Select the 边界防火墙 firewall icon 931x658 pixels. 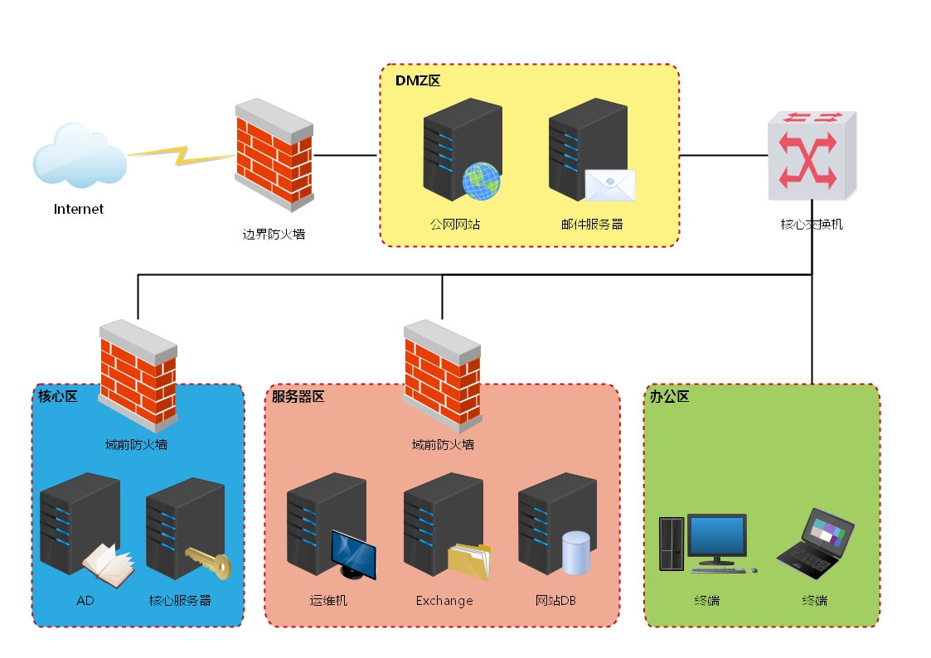(x=274, y=154)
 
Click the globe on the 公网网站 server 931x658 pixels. (x=481, y=181)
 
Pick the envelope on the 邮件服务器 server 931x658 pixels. (x=609, y=186)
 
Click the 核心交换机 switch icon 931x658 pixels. (x=811, y=157)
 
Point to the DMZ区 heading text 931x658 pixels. (x=417, y=80)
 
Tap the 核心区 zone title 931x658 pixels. (x=58, y=396)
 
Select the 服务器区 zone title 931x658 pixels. (x=298, y=396)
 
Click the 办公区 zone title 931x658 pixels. (x=669, y=396)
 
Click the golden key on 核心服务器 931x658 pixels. (x=208, y=563)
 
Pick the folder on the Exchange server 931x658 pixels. (x=469, y=562)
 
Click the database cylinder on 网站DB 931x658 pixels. (x=575, y=553)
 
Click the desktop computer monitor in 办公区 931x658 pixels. (x=716, y=536)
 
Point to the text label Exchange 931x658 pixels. (x=444, y=601)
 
